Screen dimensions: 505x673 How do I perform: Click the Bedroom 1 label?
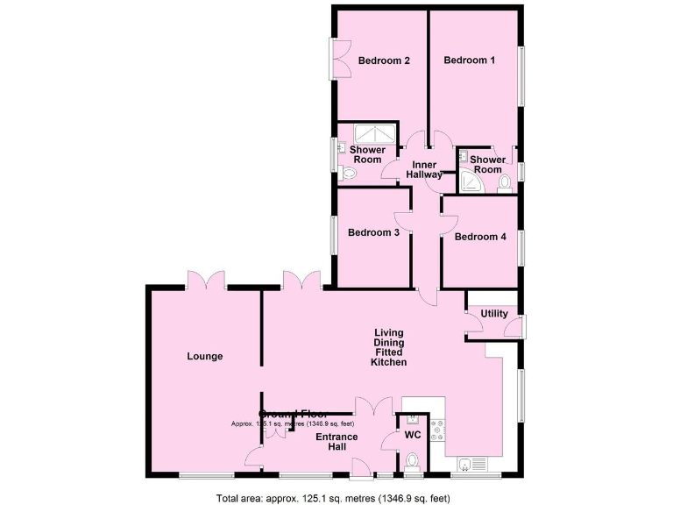(469, 60)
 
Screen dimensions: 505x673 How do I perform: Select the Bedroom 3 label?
(373, 232)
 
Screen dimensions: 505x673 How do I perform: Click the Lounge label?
(205, 356)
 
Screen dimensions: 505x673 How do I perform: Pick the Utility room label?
(494, 314)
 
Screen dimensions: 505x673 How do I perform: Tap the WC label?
(412, 434)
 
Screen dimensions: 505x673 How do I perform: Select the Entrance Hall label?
(336, 443)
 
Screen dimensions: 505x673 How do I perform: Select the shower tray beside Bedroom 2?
(375, 134)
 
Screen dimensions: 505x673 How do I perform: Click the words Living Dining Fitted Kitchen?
(388, 347)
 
